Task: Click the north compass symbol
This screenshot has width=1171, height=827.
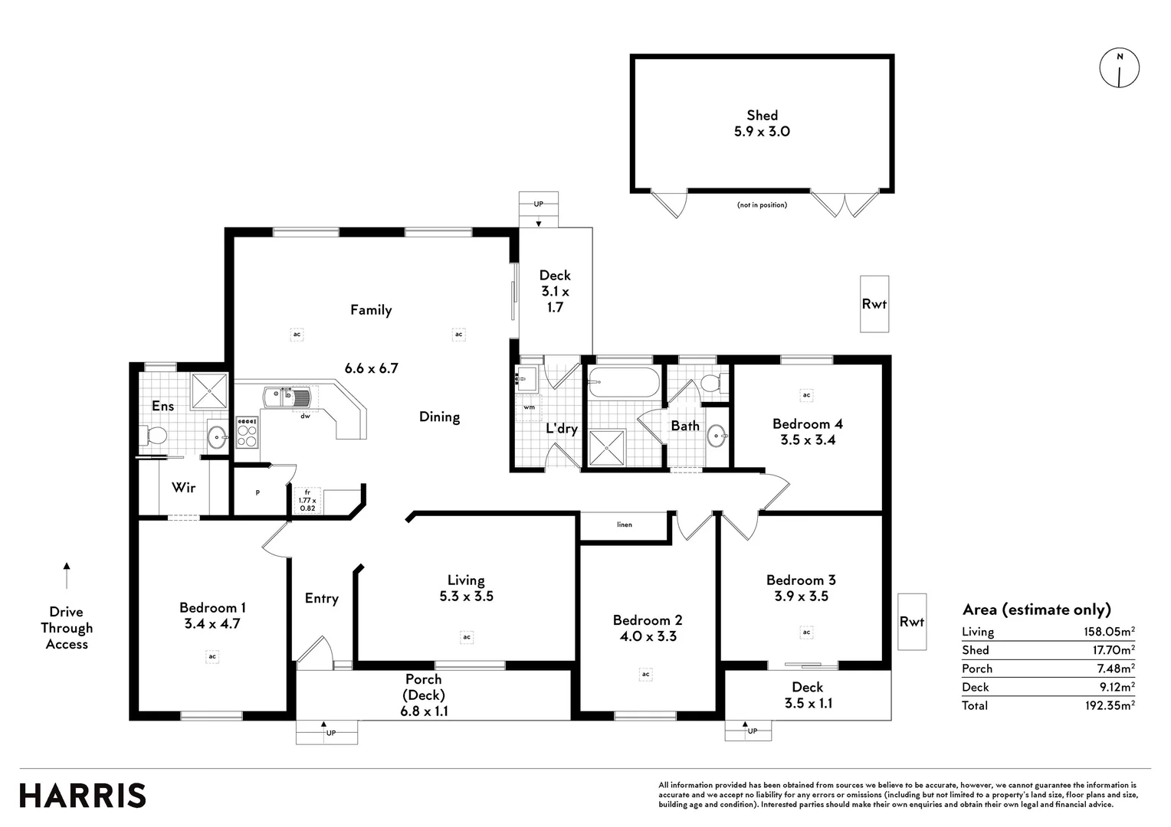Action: coord(1120,67)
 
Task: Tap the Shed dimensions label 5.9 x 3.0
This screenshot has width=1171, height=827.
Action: coord(762,132)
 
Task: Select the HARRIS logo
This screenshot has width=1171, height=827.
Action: coord(83,796)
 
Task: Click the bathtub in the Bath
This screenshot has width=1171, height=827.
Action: coord(623,382)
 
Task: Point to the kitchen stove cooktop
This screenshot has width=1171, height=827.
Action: coord(247,433)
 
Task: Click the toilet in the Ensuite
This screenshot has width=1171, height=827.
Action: coord(155,436)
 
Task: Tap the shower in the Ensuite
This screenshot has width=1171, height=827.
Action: coord(209,391)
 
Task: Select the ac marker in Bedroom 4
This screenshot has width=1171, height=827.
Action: coord(806,395)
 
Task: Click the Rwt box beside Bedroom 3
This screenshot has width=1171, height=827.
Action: coord(911,622)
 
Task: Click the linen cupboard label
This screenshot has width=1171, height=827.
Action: coord(625,525)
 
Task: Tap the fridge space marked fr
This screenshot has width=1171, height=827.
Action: coord(307,500)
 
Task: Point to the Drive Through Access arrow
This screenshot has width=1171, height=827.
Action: coord(67,575)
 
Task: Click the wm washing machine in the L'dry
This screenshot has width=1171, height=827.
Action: coord(529,407)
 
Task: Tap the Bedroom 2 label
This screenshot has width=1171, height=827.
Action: coord(647,620)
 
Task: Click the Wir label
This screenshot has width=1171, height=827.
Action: coord(183,487)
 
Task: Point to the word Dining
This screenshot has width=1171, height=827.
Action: coord(439,417)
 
